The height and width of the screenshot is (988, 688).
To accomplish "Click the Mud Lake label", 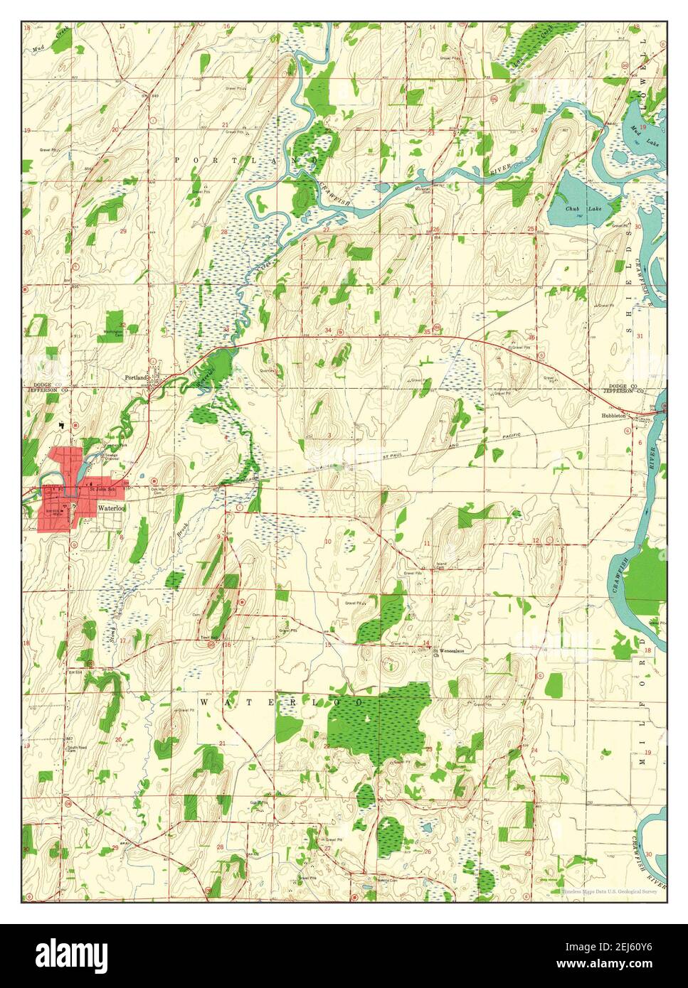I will click(x=636, y=138).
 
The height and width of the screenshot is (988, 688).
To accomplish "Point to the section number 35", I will click(x=426, y=331).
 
